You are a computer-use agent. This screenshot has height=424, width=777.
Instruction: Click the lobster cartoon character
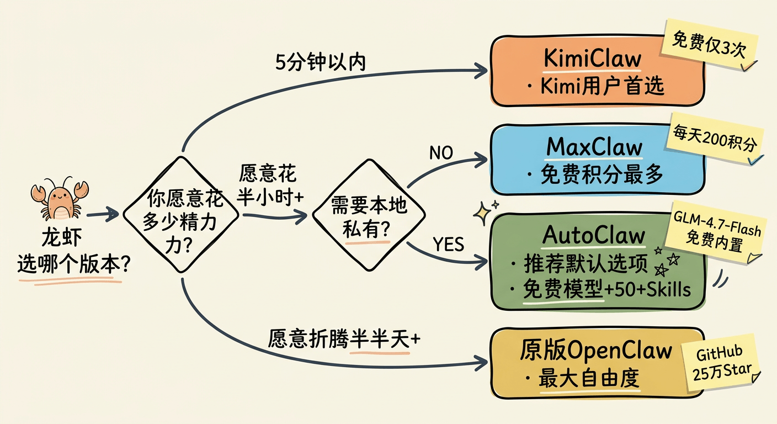[x=58, y=199]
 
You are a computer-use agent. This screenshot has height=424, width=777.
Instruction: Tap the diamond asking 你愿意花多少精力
[x=182, y=214]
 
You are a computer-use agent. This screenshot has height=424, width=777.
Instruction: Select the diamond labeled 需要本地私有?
[x=369, y=215]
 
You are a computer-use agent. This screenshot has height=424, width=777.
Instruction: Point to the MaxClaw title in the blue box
[x=594, y=147]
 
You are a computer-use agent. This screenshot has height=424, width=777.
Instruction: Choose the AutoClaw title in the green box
[x=594, y=236]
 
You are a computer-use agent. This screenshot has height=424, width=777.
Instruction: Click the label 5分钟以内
[x=320, y=62]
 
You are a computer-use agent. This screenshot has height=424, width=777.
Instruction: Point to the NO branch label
[x=440, y=153]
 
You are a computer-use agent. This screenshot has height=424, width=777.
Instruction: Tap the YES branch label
[x=448, y=244]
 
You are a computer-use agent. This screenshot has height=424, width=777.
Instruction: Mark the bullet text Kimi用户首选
[x=597, y=86]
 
